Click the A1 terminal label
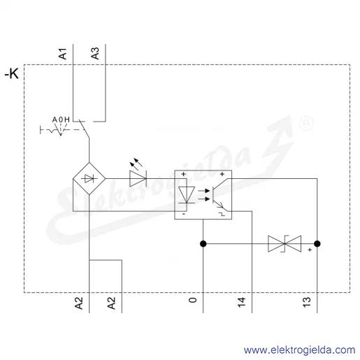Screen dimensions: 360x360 pos(62,54)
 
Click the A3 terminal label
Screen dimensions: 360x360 pos(95,54)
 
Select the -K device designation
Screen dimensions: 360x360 pos(12,73)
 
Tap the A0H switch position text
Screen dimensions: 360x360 pos(61,120)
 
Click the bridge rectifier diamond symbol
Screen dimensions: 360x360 pos(89,179)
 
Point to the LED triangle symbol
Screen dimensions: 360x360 pos(138,179)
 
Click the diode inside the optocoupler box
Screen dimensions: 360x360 pos(187,195)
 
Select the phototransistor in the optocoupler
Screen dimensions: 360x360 pos(219,194)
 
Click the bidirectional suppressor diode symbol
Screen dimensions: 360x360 pos(285,244)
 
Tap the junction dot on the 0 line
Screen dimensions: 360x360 pos(203,244)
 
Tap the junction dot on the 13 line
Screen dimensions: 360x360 pos(317,244)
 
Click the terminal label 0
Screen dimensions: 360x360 pos(192,300)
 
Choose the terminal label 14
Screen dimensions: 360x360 pos(241,302)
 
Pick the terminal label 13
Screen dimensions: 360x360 pos(306,302)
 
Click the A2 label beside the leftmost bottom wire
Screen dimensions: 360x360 pos(79,303)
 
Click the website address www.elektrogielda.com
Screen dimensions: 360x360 pos(299,350)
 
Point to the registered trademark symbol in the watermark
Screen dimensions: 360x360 pos(306,124)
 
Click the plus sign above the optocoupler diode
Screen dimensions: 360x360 pos(184,174)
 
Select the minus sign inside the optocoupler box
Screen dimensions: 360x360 pos(184,214)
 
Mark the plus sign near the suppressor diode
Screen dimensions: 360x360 pos(310,250)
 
